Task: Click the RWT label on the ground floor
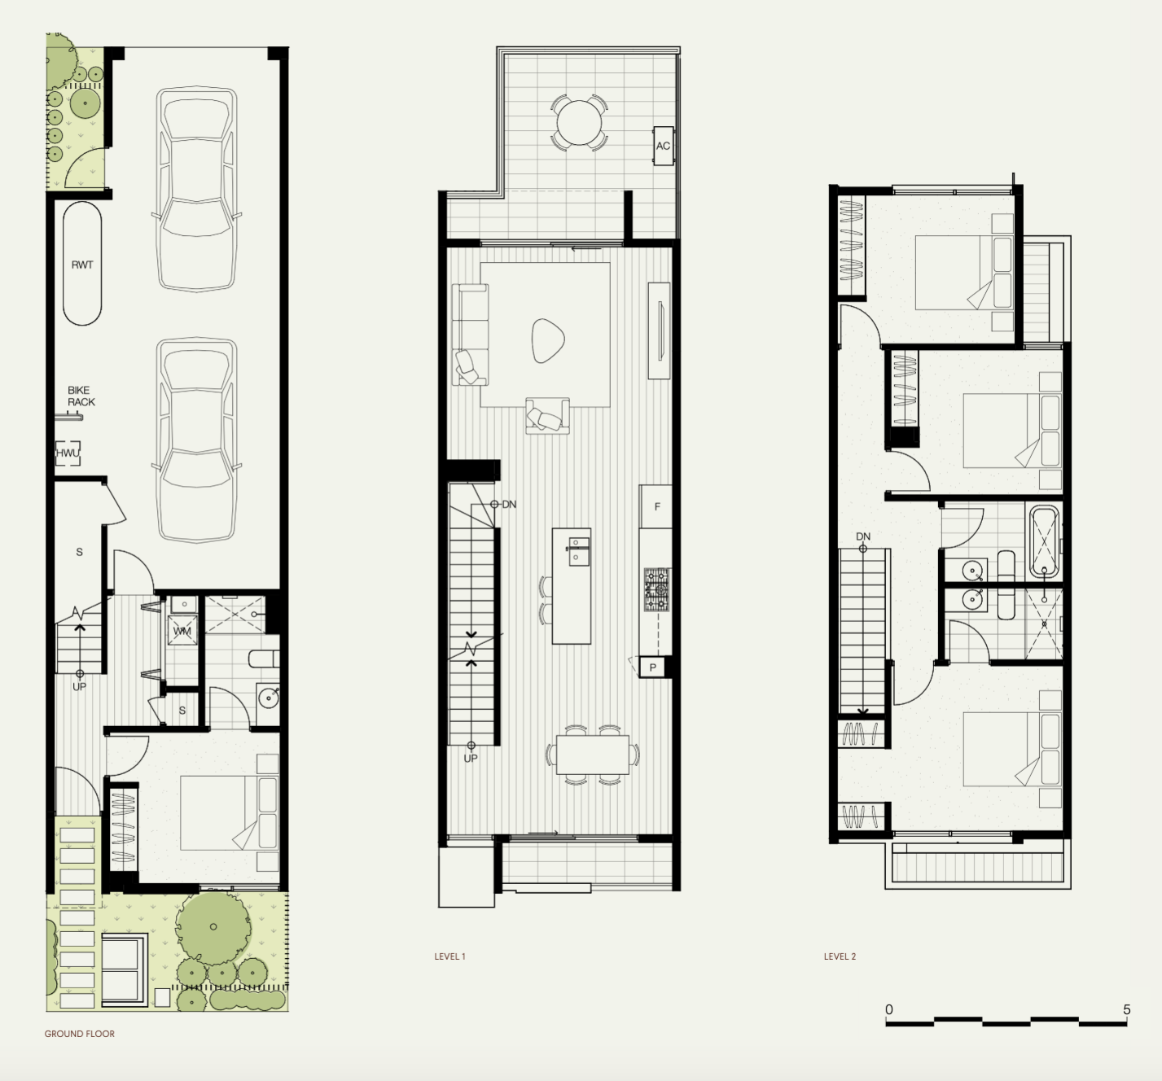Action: pyautogui.click(x=82, y=265)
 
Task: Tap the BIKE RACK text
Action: pyautogui.click(x=81, y=396)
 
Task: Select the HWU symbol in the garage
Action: pyautogui.click(x=68, y=453)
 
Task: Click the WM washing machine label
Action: pyautogui.click(x=182, y=631)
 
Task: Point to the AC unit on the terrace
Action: pyautogui.click(x=663, y=146)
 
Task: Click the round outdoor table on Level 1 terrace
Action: pyautogui.click(x=579, y=123)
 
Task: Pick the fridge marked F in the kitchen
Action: pyautogui.click(x=656, y=507)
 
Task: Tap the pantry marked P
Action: pyautogui.click(x=653, y=668)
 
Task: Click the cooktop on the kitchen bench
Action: pyautogui.click(x=656, y=589)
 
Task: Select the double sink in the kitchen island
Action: pyautogui.click(x=579, y=549)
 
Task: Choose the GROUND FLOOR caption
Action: pyautogui.click(x=80, y=1034)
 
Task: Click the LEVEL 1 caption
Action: pyautogui.click(x=449, y=956)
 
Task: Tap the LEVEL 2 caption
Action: pyautogui.click(x=840, y=956)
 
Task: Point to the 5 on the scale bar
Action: pyautogui.click(x=1127, y=1009)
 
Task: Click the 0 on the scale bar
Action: pyautogui.click(x=889, y=1009)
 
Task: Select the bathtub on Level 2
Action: pyautogui.click(x=1045, y=541)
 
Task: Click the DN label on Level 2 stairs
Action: pyautogui.click(x=863, y=536)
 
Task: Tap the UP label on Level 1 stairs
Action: pyautogui.click(x=471, y=759)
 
